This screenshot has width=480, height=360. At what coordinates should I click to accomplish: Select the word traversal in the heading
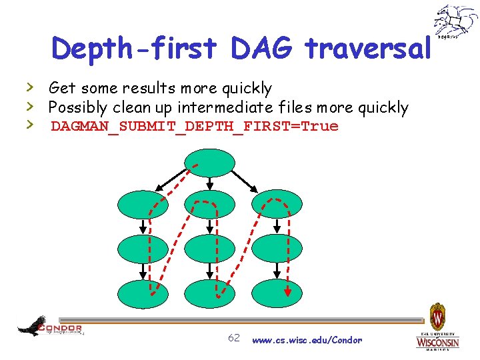click(x=368, y=48)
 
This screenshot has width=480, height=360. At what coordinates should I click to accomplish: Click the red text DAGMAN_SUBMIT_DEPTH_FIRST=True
click(x=195, y=126)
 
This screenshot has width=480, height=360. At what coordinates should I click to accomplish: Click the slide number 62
click(x=234, y=338)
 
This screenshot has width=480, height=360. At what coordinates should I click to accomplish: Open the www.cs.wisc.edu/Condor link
click(x=307, y=340)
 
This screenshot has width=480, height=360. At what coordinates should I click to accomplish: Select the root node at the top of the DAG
click(x=210, y=163)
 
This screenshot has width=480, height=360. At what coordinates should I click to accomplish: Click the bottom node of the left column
click(x=143, y=293)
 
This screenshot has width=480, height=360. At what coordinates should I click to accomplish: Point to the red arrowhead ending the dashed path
click(x=287, y=291)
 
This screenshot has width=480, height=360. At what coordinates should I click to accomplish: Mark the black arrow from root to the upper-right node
click(x=248, y=179)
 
